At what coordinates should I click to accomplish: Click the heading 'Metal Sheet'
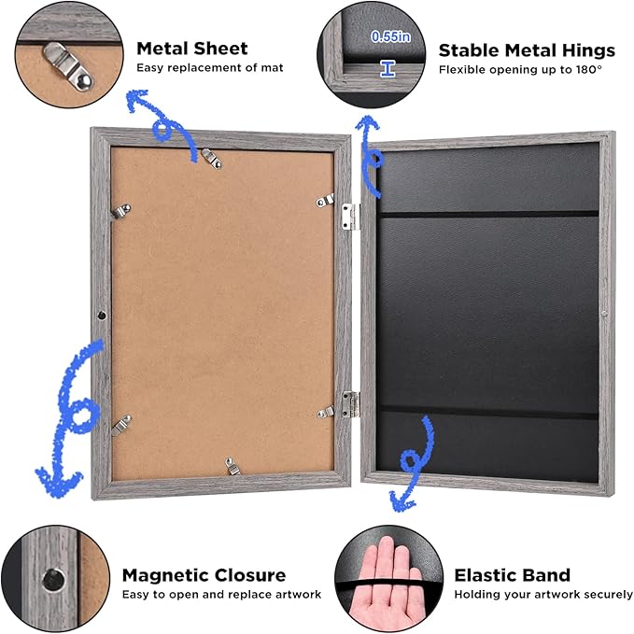coord(192,49)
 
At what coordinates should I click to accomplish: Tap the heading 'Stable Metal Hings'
coord(527,51)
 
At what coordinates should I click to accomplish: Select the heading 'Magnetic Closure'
coord(204,575)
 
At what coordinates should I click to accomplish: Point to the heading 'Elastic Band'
coord(513,575)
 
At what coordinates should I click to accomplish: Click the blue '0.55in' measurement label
coord(390,36)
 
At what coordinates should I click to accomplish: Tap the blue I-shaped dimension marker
coord(387,69)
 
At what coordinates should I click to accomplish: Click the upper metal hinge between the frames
coord(350,218)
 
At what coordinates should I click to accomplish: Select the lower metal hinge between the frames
coord(350,404)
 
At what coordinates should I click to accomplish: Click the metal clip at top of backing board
coord(211,158)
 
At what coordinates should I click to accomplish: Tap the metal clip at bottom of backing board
coord(232,466)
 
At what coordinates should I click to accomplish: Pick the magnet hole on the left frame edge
coord(102,315)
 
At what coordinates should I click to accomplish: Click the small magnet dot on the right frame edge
coord(604,314)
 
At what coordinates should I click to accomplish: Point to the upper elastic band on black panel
coord(489,214)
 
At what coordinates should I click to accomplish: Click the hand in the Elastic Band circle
coord(387,583)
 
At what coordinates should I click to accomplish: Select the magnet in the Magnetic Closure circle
coord(53,580)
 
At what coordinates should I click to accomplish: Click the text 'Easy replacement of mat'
coord(210,67)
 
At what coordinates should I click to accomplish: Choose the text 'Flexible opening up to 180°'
coord(520,70)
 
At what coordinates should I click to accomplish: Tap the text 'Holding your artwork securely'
coord(543,595)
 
